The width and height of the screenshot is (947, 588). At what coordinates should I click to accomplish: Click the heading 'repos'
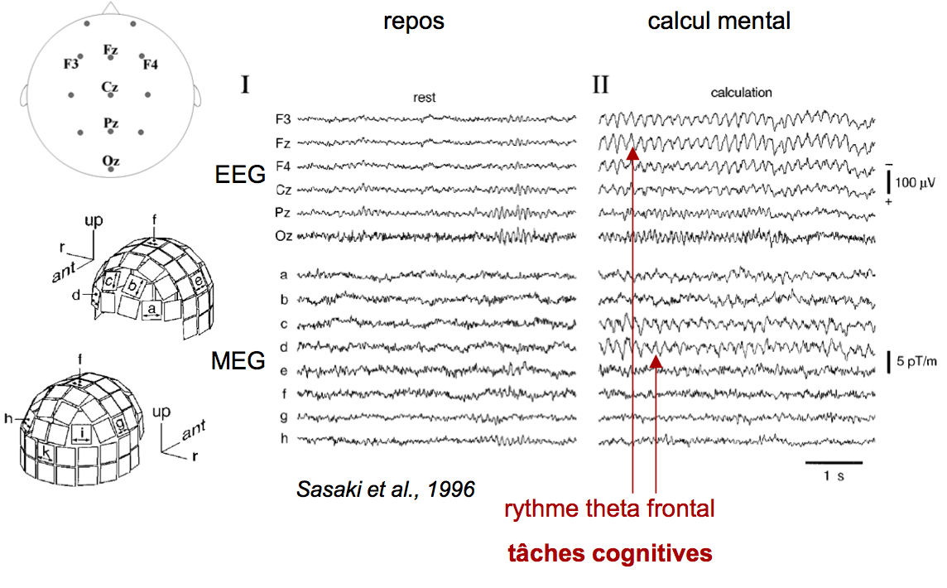tap(414, 21)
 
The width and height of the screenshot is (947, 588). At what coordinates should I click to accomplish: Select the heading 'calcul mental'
tap(719, 21)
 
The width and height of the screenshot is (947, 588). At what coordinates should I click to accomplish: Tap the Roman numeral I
tap(245, 84)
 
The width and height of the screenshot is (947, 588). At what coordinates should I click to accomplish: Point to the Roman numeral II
tap(600, 84)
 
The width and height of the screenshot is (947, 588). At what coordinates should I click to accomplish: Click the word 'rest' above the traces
tap(425, 98)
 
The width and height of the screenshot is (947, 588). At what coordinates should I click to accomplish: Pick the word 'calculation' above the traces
tap(741, 93)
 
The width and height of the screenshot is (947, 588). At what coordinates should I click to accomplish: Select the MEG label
tap(238, 360)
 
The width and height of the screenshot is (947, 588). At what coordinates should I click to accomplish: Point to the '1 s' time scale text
tap(834, 476)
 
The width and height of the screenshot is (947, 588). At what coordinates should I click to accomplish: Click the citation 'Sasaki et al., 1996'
tap(385, 489)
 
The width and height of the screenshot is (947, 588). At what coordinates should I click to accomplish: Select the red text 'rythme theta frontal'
tap(609, 508)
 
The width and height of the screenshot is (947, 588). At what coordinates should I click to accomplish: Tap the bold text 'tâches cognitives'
tap(609, 553)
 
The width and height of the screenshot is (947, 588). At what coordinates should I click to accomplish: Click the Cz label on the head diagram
tap(110, 86)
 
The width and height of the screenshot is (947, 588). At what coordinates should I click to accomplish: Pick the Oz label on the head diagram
tap(110, 161)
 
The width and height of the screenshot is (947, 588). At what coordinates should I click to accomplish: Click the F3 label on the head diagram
tap(71, 64)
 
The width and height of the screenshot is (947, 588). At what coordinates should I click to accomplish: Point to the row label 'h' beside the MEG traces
tap(283, 439)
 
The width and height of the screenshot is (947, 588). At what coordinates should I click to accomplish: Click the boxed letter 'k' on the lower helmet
tap(46, 454)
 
